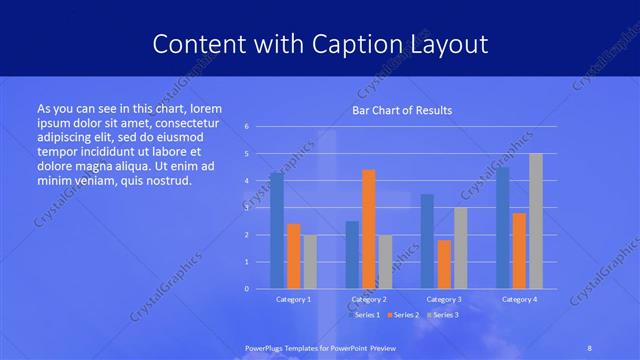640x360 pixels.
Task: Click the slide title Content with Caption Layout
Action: (x=320, y=44)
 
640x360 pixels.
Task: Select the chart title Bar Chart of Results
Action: (x=401, y=110)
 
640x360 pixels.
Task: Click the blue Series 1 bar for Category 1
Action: (x=277, y=230)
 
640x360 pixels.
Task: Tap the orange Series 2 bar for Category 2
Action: (x=369, y=229)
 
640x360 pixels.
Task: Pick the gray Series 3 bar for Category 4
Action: (x=536, y=221)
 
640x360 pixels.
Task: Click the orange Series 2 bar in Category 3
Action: (x=444, y=264)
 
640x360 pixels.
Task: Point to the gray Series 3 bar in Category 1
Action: (x=310, y=261)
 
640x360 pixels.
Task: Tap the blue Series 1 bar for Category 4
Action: (x=502, y=227)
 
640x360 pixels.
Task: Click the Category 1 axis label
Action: (x=293, y=299)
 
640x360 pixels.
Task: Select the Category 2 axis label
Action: (x=369, y=299)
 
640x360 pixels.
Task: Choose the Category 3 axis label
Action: (x=444, y=299)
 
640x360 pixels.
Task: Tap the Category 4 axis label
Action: (x=519, y=299)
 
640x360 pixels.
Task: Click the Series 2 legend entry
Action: (x=405, y=315)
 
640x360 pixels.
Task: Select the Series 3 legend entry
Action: (x=444, y=315)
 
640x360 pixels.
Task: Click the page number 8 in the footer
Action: (x=589, y=347)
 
